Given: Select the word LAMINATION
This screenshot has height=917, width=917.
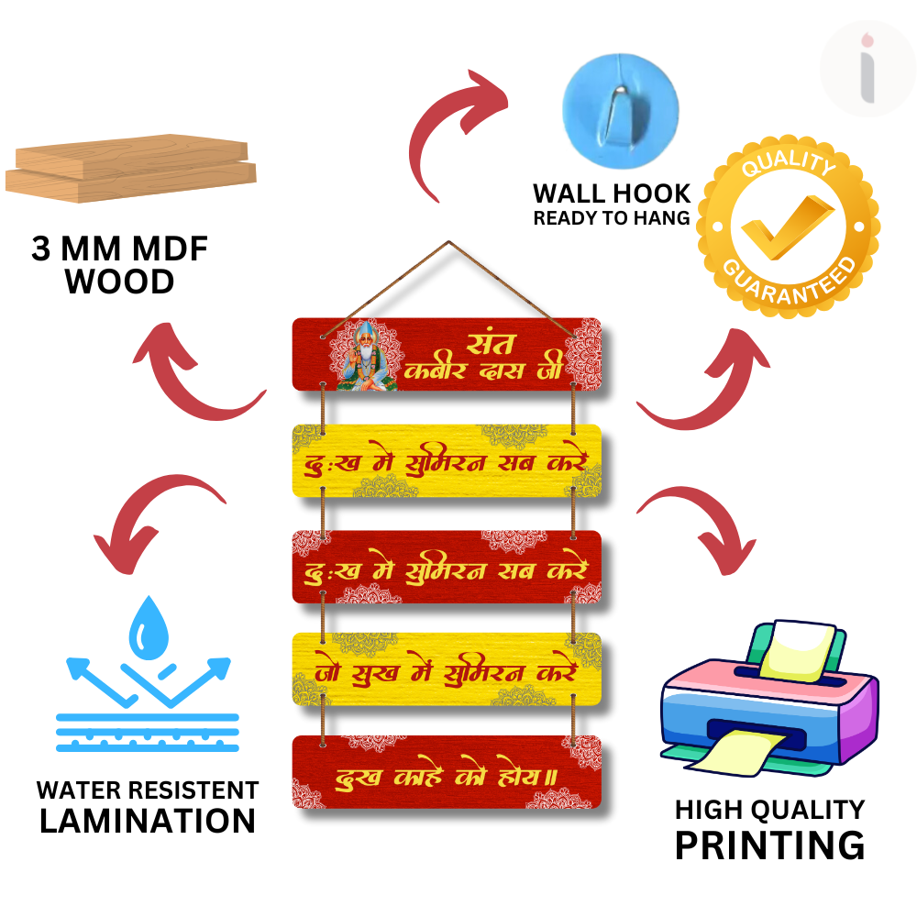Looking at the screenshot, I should pos(147,821).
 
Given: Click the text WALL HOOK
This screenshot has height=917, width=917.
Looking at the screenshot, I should pos(612,193).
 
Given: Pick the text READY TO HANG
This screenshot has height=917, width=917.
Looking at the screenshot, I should pos(611,218).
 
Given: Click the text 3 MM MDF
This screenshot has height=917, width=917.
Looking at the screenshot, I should pos(120,249).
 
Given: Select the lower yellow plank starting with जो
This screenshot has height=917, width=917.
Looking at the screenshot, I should pos(447,669).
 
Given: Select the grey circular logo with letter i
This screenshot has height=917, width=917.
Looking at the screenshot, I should pos(867,69).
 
